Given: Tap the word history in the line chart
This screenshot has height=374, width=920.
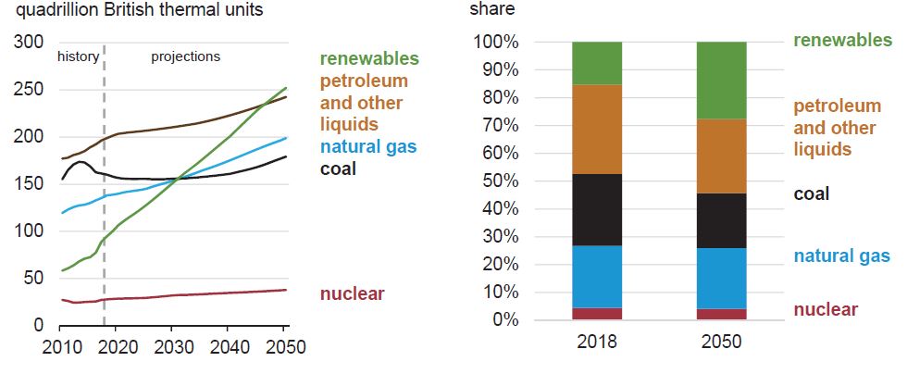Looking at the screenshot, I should (x=78, y=56).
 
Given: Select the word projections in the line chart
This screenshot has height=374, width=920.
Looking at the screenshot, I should (x=186, y=56).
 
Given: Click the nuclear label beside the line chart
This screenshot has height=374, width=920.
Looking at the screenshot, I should (x=352, y=294).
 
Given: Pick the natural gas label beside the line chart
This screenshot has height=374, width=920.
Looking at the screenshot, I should (x=368, y=146).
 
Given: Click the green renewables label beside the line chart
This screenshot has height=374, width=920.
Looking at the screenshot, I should (x=369, y=59).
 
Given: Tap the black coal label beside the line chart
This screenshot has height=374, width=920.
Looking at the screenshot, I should (x=338, y=168).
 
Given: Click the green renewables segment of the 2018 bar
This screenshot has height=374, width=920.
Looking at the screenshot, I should (x=597, y=63).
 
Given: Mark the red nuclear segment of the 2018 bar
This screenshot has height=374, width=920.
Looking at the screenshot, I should (x=597, y=314).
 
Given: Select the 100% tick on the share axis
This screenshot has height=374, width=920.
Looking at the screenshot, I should (x=495, y=43).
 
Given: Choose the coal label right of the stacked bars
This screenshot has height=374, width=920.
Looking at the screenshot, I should (x=812, y=194).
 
